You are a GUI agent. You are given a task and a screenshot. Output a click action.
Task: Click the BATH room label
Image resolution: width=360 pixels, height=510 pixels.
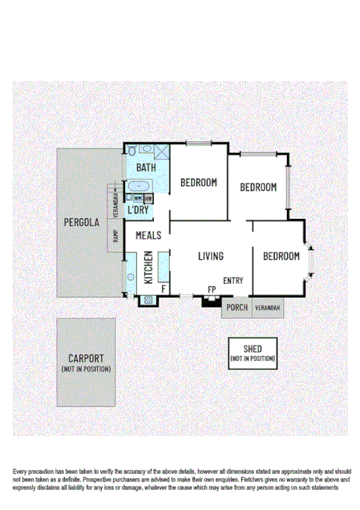pos(146,168)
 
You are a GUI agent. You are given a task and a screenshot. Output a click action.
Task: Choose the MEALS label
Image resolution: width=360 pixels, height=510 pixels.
pos(148,236)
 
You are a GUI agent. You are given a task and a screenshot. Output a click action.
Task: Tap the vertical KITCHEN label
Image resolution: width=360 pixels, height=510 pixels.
pos(148,267)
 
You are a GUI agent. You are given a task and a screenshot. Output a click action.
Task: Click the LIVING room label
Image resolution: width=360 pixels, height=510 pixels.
pos(211,257)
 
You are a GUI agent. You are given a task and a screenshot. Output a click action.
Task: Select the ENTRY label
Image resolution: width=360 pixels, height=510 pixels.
pos(233,281)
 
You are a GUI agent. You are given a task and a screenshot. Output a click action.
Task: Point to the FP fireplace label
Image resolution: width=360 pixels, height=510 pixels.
pos(212,289)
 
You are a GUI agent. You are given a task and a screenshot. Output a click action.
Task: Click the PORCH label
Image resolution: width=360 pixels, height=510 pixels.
pos(237,308)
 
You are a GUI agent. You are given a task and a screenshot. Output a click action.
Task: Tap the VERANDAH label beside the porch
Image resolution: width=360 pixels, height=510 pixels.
pos(268,308)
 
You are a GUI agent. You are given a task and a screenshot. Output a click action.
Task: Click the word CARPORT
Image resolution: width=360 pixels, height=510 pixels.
pos(86,358)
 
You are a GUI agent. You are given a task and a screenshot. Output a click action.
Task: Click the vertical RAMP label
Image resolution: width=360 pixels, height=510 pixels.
pos(115,237)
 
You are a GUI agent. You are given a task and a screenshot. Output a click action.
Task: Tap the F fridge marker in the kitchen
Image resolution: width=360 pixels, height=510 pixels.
pos(164,289)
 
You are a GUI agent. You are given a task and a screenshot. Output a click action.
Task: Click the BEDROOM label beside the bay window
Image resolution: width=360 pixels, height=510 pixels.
pos(281,257)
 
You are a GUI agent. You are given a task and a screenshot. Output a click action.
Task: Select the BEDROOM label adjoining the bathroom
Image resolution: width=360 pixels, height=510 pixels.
pos(198,183)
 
